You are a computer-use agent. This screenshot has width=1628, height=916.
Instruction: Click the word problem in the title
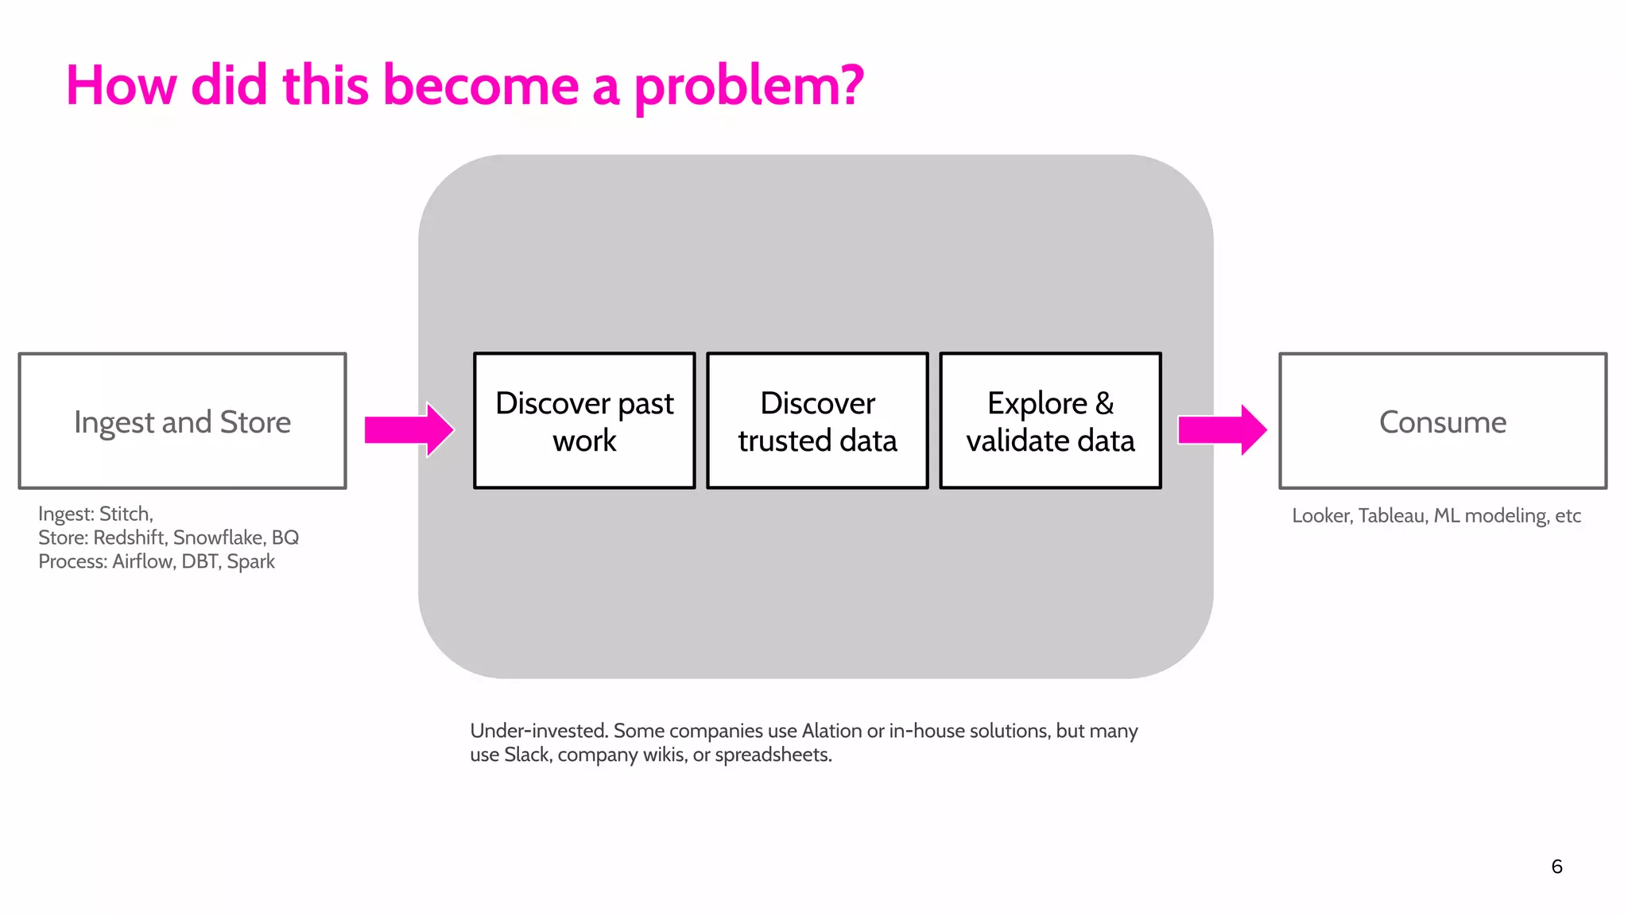click(x=747, y=86)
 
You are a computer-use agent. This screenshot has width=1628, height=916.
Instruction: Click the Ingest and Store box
click(x=182, y=421)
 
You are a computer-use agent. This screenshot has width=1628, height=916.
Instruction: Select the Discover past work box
click(x=584, y=421)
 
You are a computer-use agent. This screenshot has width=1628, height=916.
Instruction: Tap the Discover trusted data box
click(x=817, y=421)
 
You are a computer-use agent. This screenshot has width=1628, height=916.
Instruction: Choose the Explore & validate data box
click(x=1050, y=421)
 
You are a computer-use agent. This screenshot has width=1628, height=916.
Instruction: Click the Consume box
click(x=1443, y=421)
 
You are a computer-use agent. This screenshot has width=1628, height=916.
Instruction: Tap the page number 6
click(x=1556, y=867)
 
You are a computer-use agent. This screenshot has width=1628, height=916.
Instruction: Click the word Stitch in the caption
click(x=126, y=514)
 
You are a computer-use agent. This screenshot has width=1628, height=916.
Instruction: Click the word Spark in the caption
click(x=250, y=561)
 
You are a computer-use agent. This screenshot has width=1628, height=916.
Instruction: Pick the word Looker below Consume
click(x=1321, y=515)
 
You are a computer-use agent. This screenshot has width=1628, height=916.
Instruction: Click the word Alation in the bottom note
click(x=831, y=731)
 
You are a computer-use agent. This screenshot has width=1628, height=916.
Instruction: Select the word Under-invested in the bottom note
click(x=538, y=731)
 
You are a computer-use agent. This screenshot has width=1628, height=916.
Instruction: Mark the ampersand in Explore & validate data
click(x=1104, y=403)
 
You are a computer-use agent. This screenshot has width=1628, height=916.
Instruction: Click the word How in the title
click(x=121, y=86)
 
